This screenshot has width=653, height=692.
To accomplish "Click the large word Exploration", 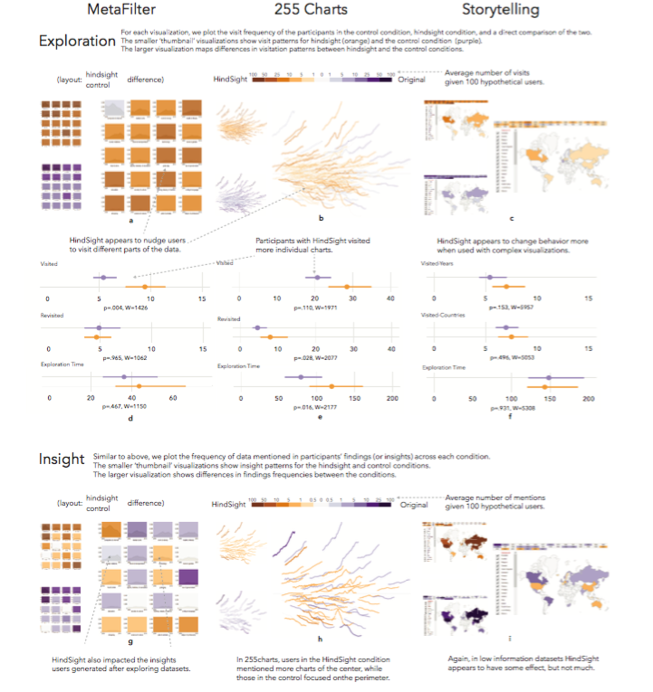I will coord(76,42).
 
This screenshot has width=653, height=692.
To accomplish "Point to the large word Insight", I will coord(61,460).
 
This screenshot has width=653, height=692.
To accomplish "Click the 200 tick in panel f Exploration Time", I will coord(589,399).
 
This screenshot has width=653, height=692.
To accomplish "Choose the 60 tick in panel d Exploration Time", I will coord(173,399).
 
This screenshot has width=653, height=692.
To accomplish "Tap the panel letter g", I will coord(131,638).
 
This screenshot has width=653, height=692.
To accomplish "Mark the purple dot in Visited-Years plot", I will coord(489,276).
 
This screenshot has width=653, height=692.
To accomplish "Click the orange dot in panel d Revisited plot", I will coord(97,337).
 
